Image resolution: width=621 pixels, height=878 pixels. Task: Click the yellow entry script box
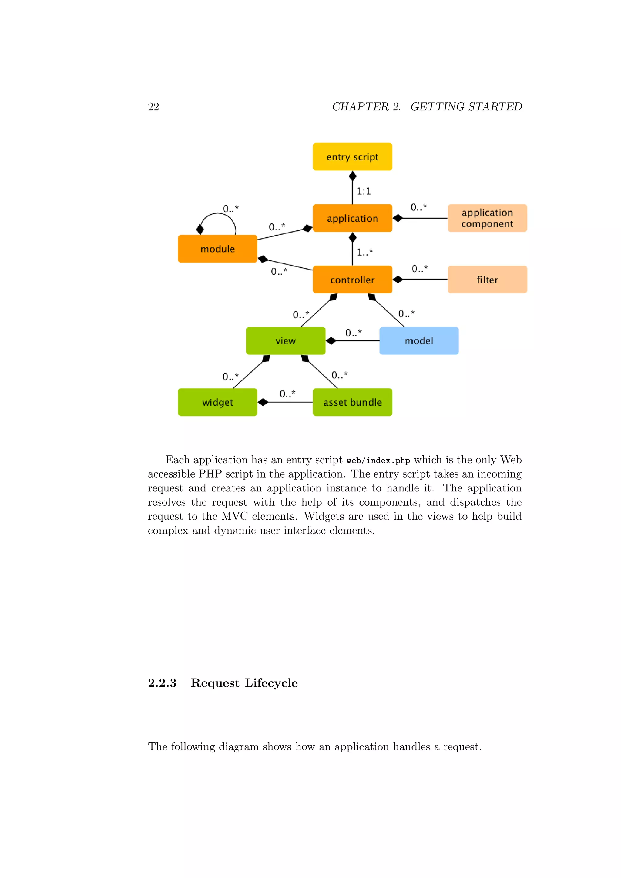click(352, 157)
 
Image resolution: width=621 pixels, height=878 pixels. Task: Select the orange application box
click(352, 218)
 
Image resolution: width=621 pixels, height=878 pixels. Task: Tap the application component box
click(487, 218)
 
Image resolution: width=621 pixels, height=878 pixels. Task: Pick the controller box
click(352, 280)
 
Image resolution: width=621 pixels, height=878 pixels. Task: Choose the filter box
click(487, 280)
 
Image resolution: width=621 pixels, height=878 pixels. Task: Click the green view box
click(285, 341)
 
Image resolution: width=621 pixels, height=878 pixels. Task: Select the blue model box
click(419, 341)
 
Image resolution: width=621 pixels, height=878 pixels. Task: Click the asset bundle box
click(352, 402)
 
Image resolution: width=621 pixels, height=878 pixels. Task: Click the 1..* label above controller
click(364, 252)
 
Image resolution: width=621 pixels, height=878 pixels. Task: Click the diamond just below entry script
click(353, 176)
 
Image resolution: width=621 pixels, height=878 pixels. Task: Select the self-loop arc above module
click(218, 214)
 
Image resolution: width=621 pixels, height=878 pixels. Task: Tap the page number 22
click(153, 107)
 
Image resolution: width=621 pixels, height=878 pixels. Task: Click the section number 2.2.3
click(162, 683)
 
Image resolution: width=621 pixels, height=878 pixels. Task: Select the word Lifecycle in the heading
click(271, 683)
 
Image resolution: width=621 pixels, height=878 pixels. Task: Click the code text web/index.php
click(378, 461)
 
